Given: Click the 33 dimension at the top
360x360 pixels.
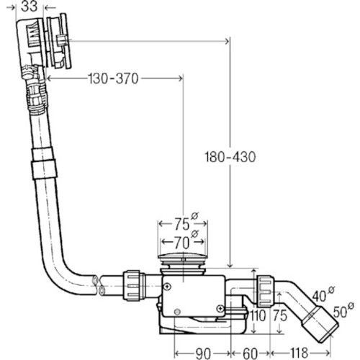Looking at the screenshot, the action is click(x=30, y=6).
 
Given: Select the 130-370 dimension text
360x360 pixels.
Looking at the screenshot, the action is click(x=113, y=78).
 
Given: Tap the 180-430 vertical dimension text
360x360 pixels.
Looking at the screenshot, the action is click(x=230, y=157).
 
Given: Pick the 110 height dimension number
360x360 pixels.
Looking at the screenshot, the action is click(x=257, y=315).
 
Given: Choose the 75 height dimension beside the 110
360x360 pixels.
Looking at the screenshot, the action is click(x=280, y=315).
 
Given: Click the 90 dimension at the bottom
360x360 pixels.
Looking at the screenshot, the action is click(x=203, y=353).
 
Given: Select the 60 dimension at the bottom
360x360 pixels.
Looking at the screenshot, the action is click(x=250, y=353).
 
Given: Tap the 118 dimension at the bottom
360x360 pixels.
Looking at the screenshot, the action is click(x=299, y=353).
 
